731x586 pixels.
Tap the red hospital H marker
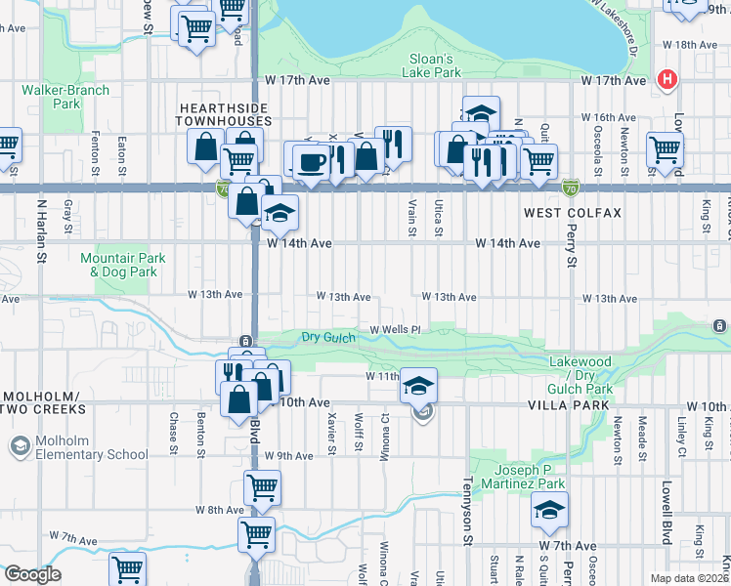[x=667, y=78]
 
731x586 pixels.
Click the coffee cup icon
[x=311, y=161]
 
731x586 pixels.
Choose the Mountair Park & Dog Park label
[x=123, y=265]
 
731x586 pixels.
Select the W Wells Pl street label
[x=394, y=330]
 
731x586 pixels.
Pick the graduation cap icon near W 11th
[x=418, y=385]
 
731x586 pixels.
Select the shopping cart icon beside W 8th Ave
[x=262, y=487]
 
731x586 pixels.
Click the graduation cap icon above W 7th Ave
[x=549, y=510]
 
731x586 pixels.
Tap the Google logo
[x=31, y=574]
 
